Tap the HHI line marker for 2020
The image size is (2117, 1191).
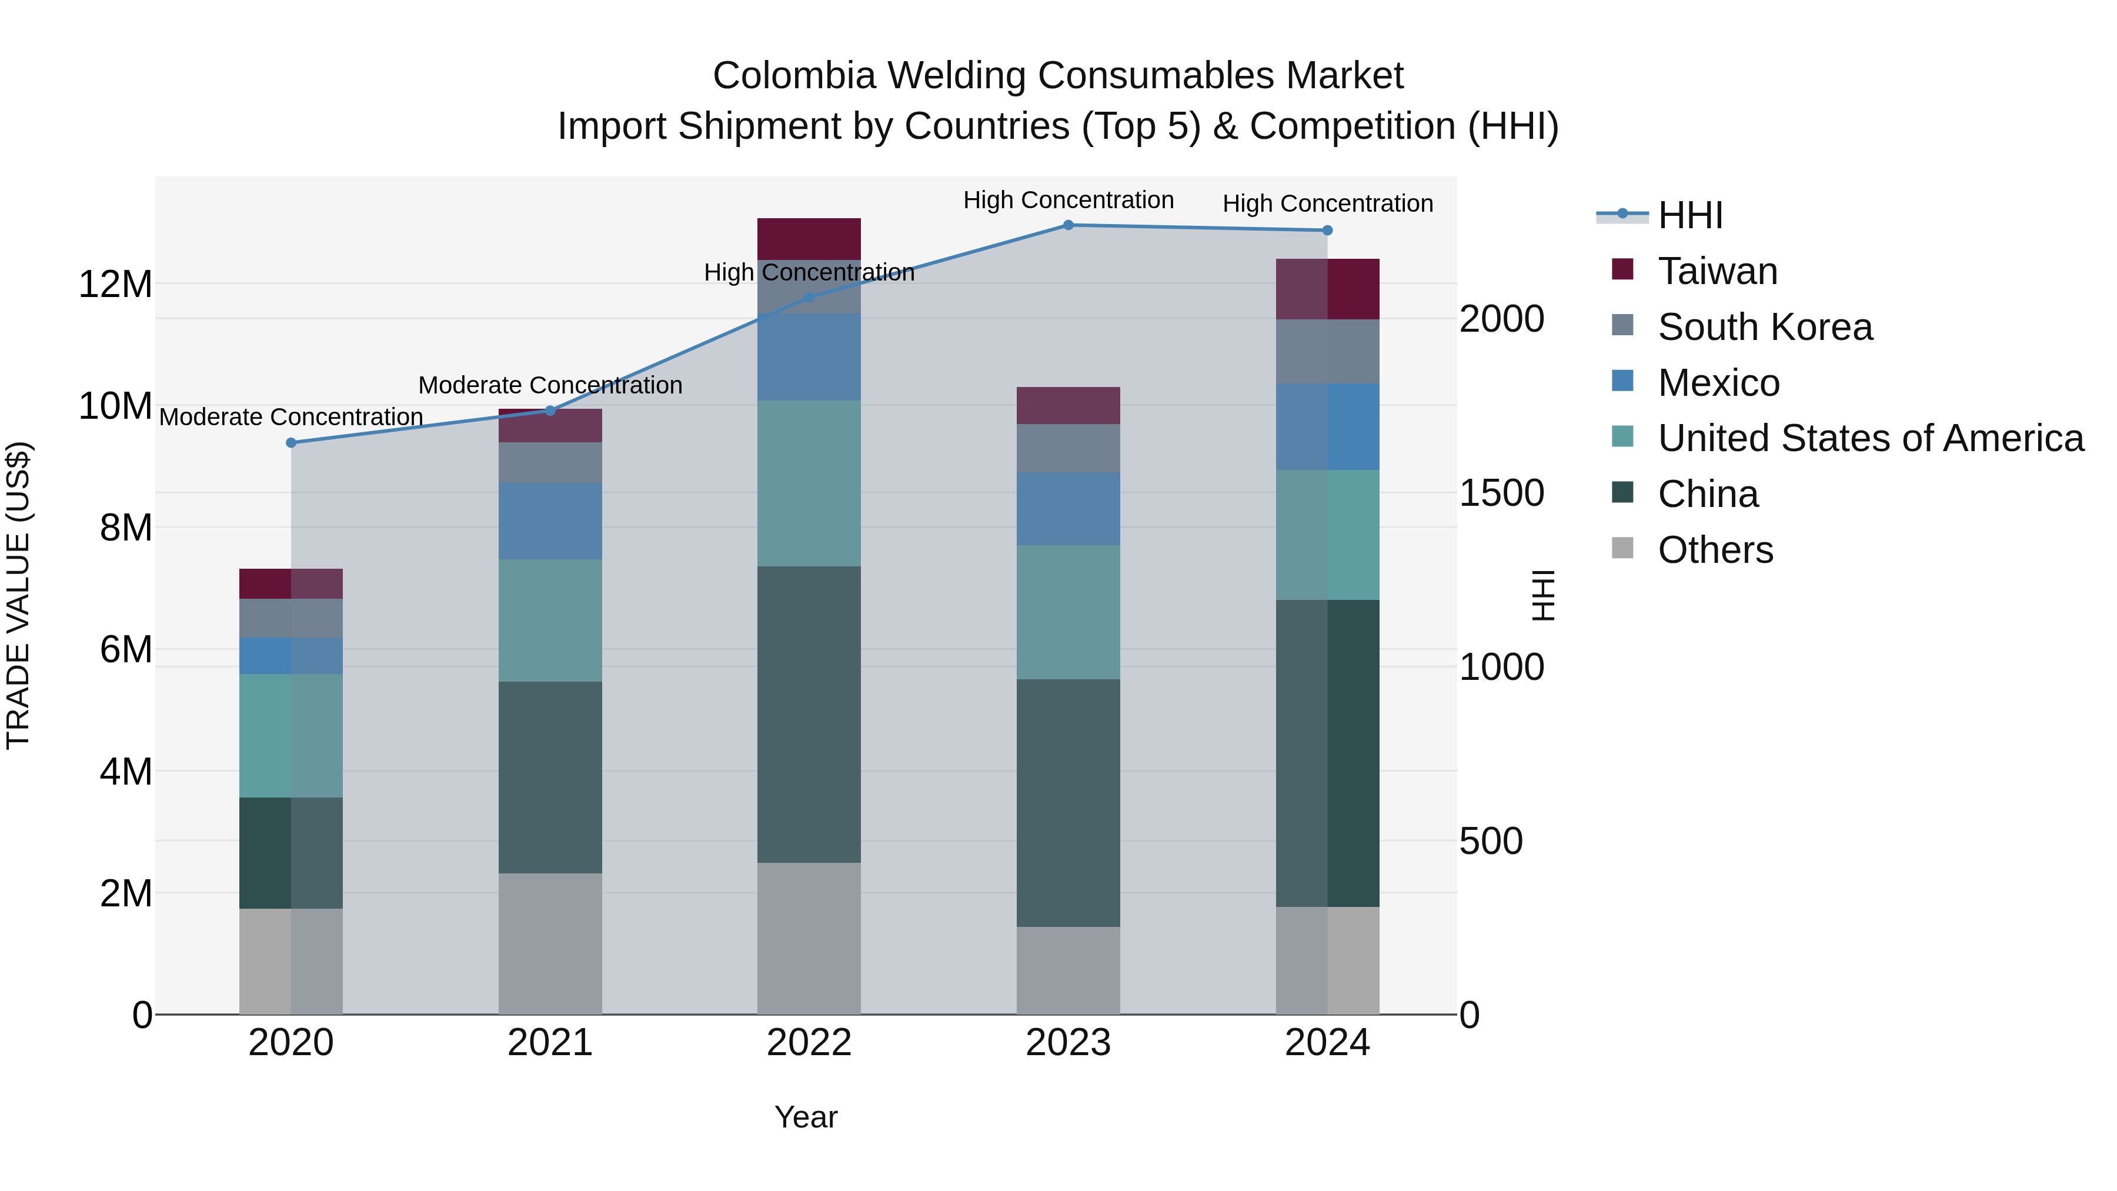[291, 443]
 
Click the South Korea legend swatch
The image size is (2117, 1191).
[1622, 325]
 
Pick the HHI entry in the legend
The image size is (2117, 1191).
[1689, 215]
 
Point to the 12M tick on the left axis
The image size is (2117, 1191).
[115, 285]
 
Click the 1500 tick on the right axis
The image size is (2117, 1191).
[1501, 493]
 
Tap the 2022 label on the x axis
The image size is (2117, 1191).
[809, 1043]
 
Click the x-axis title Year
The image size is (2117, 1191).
[806, 1117]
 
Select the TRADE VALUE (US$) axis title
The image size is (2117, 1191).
[18, 596]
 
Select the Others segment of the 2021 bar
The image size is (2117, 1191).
[550, 943]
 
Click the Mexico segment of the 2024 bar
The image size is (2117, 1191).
[1327, 426]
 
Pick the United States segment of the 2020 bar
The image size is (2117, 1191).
[291, 736]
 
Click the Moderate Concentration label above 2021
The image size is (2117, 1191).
[550, 385]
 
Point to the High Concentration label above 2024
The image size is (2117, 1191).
[1327, 204]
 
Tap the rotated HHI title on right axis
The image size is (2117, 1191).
[1544, 596]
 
